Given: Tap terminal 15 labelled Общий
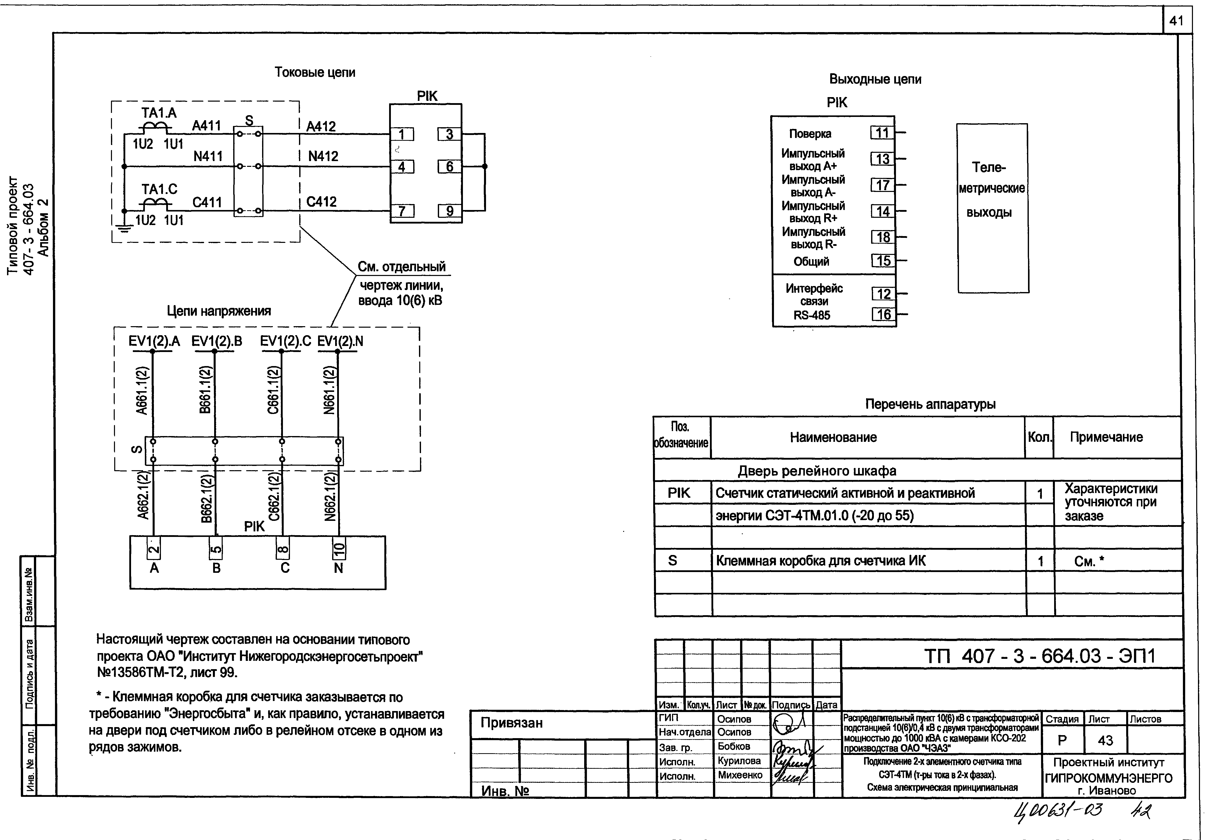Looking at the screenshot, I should pyautogui.click(x=883, y=261).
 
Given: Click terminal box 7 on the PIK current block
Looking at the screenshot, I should pyautogui.click(x=402, y=211).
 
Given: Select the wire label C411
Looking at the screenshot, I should pyautogui.click(x=207, y=202).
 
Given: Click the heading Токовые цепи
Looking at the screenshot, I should pyautogui.click(x=315, y=73).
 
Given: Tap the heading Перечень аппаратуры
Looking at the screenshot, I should pyautogui.click(x=930, y=404).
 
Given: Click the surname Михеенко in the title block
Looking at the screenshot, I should pyautogui.click(x=740, y=775).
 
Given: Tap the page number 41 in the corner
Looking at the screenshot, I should pyautogui.click(x=1176, y=21).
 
